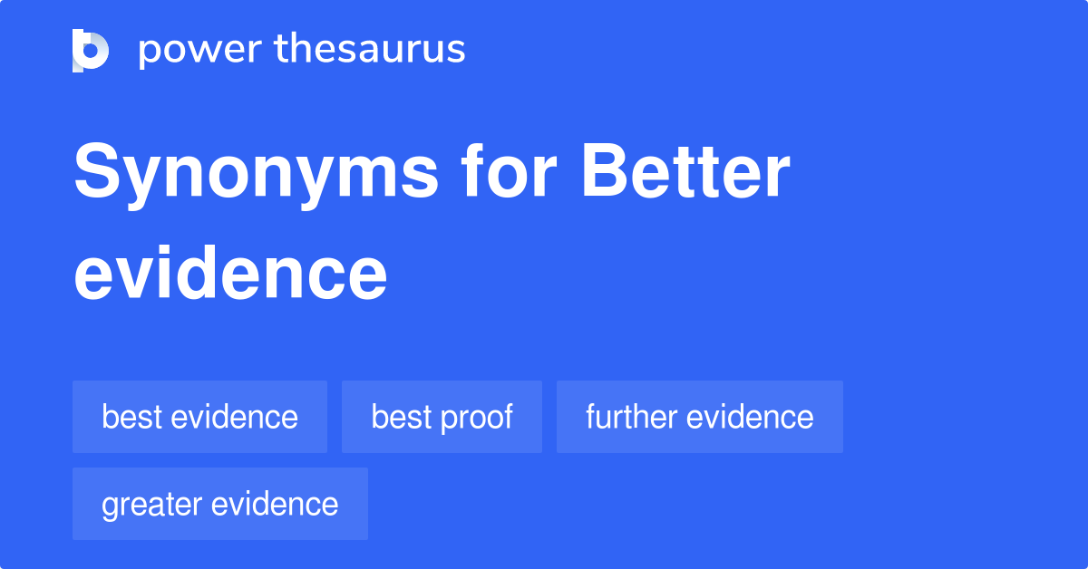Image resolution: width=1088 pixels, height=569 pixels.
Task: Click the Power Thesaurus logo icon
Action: [91, 50]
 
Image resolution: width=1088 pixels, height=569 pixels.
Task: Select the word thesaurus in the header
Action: [370, 50]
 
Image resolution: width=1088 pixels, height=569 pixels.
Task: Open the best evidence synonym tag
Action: [199, 417]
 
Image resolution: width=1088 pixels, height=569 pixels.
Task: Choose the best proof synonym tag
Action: [442, 417]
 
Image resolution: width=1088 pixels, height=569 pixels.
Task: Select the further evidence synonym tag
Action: [699, 417]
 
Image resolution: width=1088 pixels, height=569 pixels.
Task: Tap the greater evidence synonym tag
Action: [219, 504]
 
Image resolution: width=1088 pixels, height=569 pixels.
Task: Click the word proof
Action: [479, 418]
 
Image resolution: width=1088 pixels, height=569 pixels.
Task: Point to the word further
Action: [631, 417]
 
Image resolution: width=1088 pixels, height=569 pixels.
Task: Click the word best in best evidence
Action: [132, 417]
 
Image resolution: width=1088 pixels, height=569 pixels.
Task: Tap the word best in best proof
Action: [402, 417]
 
